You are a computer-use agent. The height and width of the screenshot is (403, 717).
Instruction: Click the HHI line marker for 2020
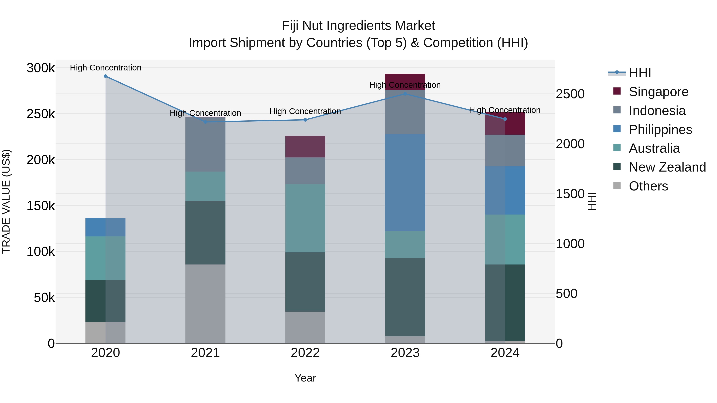[x=106, y=76]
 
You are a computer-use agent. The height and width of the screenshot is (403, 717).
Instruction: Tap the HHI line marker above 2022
[x=305, y=120]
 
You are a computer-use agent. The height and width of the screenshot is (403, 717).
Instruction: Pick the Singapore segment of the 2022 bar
[x=305, y=146]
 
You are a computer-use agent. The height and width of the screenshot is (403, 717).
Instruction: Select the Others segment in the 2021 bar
[x=205, y=304]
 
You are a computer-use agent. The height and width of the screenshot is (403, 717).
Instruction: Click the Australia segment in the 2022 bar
[x=305, y=218]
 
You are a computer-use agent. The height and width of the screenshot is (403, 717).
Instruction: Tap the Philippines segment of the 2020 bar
[x=106, y=227]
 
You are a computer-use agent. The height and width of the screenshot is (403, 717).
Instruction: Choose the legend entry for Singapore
[x=658, y=92]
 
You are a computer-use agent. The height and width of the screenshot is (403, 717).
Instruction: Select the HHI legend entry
[x=640, y=73]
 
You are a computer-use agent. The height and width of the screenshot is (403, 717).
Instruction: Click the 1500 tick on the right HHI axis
[x=570, y=194]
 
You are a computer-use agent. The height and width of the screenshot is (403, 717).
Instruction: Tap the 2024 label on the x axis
[x=505, y=353]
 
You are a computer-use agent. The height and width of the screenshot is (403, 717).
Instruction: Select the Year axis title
[x=305, y=378]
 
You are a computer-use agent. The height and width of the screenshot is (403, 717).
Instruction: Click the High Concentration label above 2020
[x=106, y=68]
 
